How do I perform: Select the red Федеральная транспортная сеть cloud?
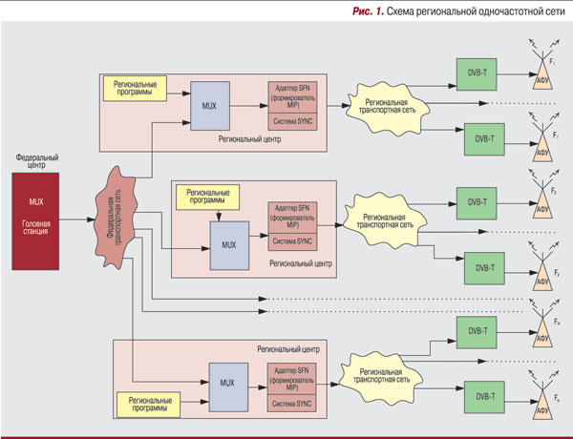pyautogui.click(x=112, y=220)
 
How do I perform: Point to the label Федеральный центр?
pyautogui.click(x=37, y=159)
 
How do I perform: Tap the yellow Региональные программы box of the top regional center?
pyautogui.click(x=134, y=88)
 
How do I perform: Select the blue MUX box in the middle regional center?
pyautogui.click(x=229, y=245)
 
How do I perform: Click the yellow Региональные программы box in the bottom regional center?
pyautogui.click(x=148, y=403)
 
